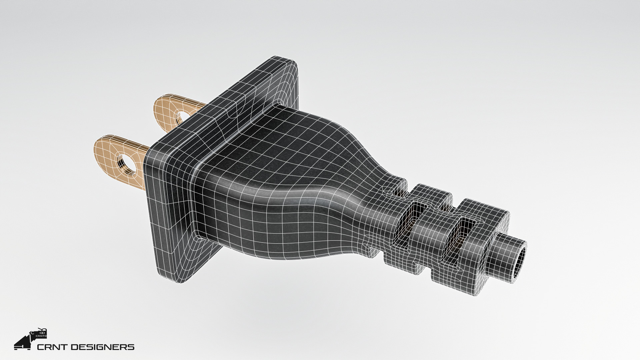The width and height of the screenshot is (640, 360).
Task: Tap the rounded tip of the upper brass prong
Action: (x=157, y=105)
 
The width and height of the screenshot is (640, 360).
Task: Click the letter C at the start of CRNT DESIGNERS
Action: (x=41, y=347)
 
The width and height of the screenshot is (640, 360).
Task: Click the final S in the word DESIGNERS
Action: (x=132, y=347)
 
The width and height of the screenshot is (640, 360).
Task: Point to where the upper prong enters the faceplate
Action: (x=200, y=110)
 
